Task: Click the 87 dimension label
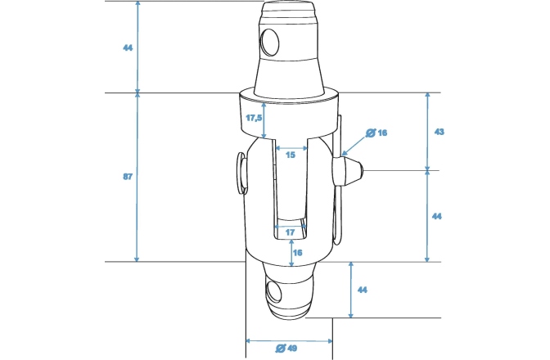(x=127, y=177)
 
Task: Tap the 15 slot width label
(x=289, y=155)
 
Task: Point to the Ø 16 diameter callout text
(x=376, y=133)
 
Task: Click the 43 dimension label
(x=438, y=132)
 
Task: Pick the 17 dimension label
(x=290, y=232)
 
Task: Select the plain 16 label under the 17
(x=297, y=253)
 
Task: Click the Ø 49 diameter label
(x=286, y=349)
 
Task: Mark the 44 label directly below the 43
(x=438, y=216)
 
